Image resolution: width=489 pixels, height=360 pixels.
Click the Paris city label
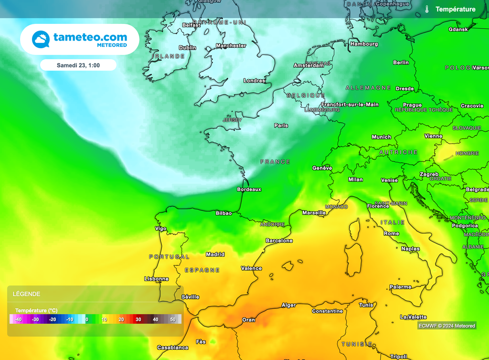(281, 126)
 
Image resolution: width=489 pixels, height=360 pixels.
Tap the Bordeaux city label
(249, 190)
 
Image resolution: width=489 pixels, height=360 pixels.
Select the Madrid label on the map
(215, 254)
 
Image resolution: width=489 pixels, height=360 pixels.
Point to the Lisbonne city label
(156, 279)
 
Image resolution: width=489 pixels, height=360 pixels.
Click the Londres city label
(254, 81)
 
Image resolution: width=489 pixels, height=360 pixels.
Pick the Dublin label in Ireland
(187, 48)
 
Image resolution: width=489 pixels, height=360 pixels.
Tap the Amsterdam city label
(308, 65)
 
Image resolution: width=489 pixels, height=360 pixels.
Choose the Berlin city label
(401, 63)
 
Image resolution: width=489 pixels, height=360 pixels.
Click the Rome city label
(391, 233)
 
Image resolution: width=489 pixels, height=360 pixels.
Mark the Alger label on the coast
(288, 305)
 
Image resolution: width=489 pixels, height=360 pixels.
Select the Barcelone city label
(279, 241)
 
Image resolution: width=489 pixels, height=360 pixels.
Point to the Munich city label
(381, 137)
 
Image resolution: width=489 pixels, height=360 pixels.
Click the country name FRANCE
(275, 162)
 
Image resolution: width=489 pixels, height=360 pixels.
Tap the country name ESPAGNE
(202, 270)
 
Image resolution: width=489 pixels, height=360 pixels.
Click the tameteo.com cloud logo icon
(41, 39)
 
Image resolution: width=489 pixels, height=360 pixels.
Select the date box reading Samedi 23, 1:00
(78, 65)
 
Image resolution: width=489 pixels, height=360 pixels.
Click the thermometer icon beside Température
(427, 9)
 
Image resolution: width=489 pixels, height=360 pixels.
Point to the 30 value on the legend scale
(138, 319)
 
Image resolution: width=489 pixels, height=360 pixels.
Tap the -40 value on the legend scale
(18, 319)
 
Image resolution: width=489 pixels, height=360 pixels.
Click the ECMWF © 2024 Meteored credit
(446, 326)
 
